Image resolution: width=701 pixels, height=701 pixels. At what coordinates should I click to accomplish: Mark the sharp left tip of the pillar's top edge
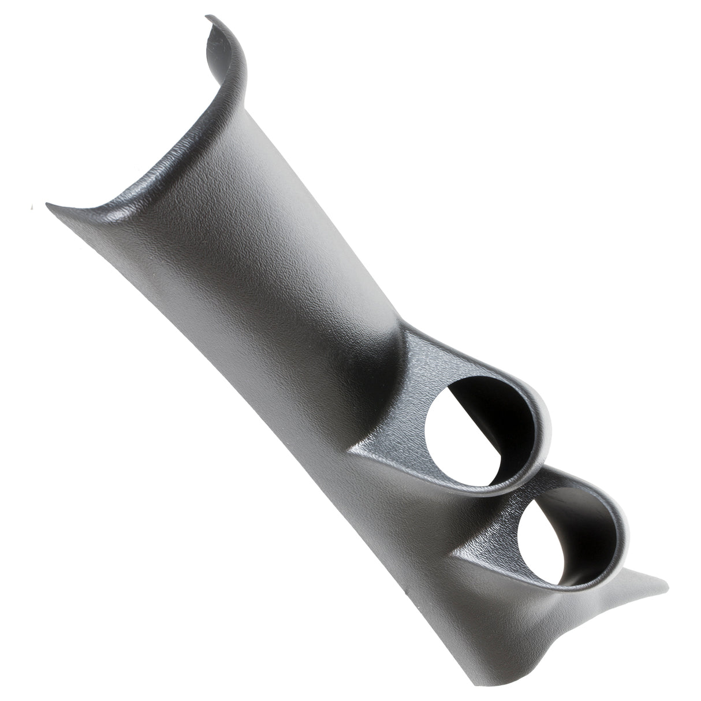(47, 204)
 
